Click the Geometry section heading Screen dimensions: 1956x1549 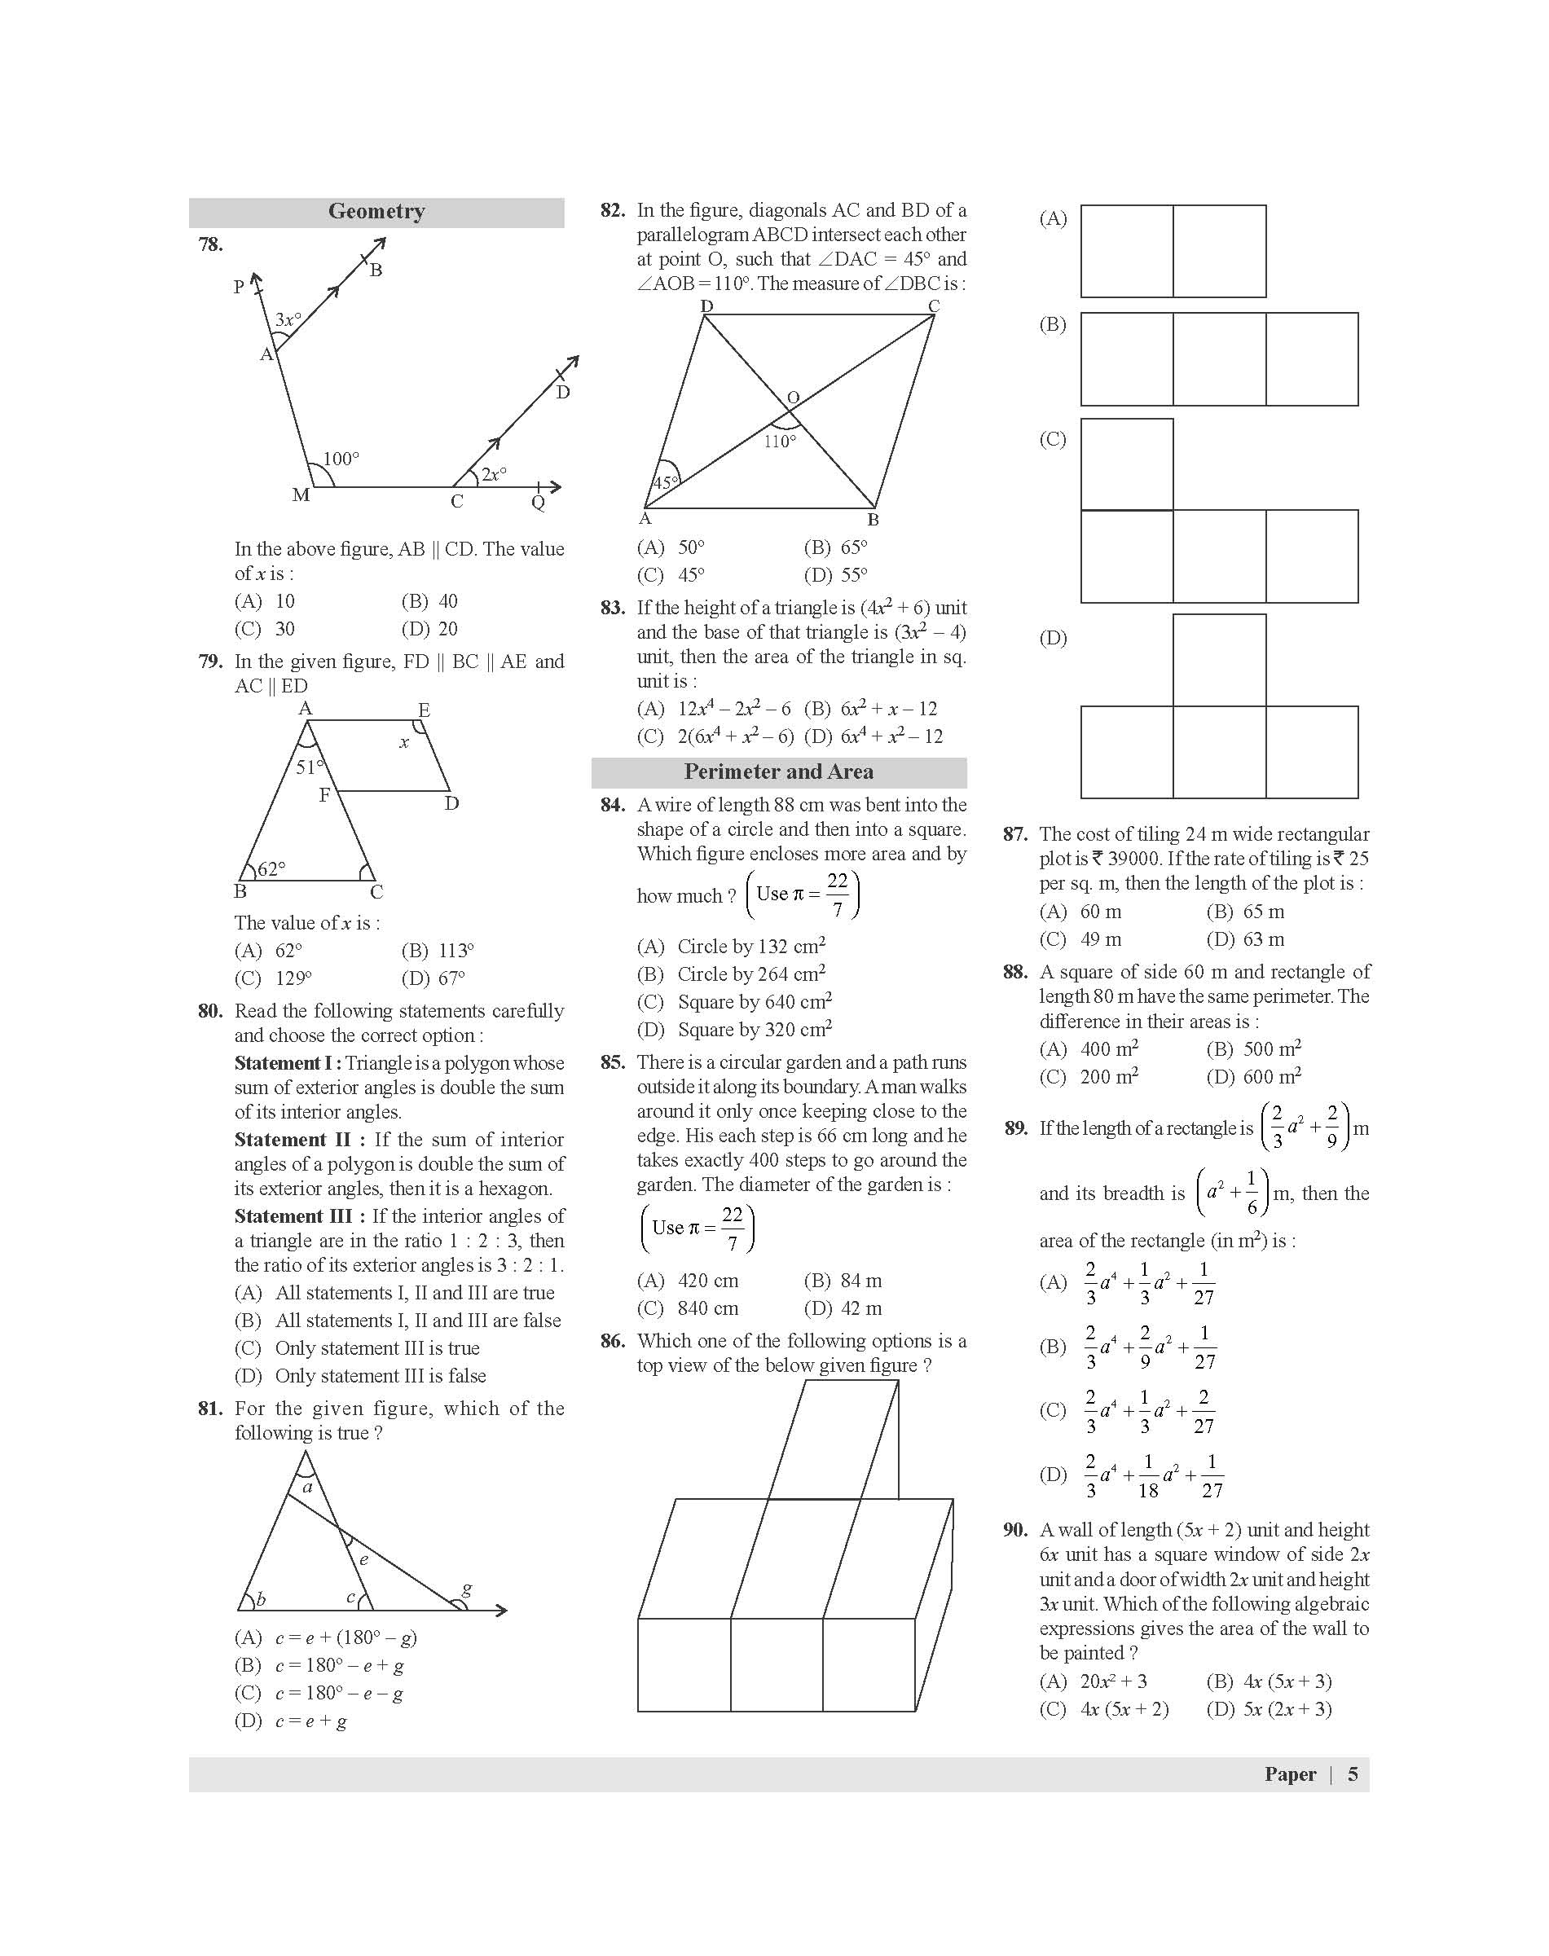pyautogui.click(x=376, y=211)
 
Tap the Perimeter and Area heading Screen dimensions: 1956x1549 pyautogui.click(x=778, y=771)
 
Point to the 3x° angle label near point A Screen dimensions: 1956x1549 pyautogui.click(x=288, y=319)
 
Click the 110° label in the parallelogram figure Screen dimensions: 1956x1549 pyautogui.click(x=779, y=442)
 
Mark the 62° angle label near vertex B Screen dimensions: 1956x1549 pyautogui.click(x=271, y=868)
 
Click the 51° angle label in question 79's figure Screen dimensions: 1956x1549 pyautogui.click(x=310, y=767)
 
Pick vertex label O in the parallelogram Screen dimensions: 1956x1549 pyautogui.click(x=794, y=398)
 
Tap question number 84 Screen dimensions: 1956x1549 pyautogui.click(x=612, y=805)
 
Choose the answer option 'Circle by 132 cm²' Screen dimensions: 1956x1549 pyautogui.click(x=751, y=947)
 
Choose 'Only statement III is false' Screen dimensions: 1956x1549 pyautogui.click(x=380, y=1376)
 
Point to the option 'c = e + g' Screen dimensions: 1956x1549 pyautogui.click(x=311, y=1721)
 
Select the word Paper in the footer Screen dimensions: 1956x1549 pyautogui.click(x=1290, y=1774)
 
